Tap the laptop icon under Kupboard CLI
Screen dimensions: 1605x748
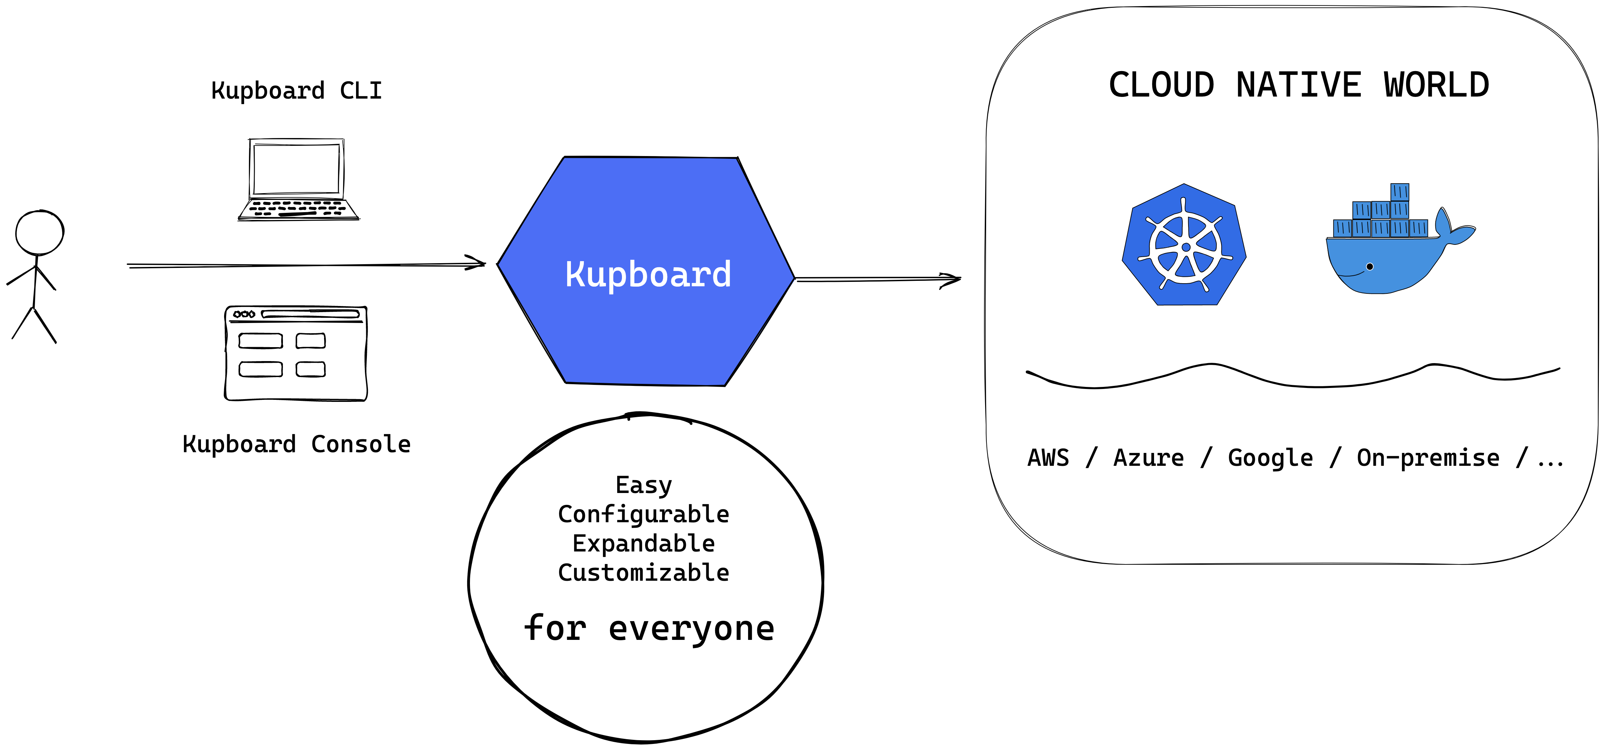pyautogui.click(x=298, y=180)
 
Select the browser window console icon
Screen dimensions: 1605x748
pyautogui.click(x=296, y=353)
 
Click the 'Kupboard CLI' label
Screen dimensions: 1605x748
pyautogui.click(x=297, y=91)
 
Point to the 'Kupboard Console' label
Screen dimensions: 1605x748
pyautogui.click(x=297, y=444)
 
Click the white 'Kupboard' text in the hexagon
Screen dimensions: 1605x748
pyautogui.click(x=648, y=275)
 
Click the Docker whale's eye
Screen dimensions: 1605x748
pyautogui.click(x=1369, y=267)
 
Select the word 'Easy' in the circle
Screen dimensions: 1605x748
pyautogui.click(x=644, y=485)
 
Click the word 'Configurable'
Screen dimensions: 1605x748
pyautogui.click(x=644, y=514)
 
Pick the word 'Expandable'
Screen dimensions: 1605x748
pyautogui.click(x=644, y=543)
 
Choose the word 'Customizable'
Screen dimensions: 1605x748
pyautogui.click(x=644, y=572)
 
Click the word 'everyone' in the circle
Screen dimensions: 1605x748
pyautogui.click(x=692, y=629)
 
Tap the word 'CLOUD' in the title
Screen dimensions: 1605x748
pyautogui.click(x=1161, y=85)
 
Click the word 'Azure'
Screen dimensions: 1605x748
pyautogui.click(x=1148, y=458)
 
